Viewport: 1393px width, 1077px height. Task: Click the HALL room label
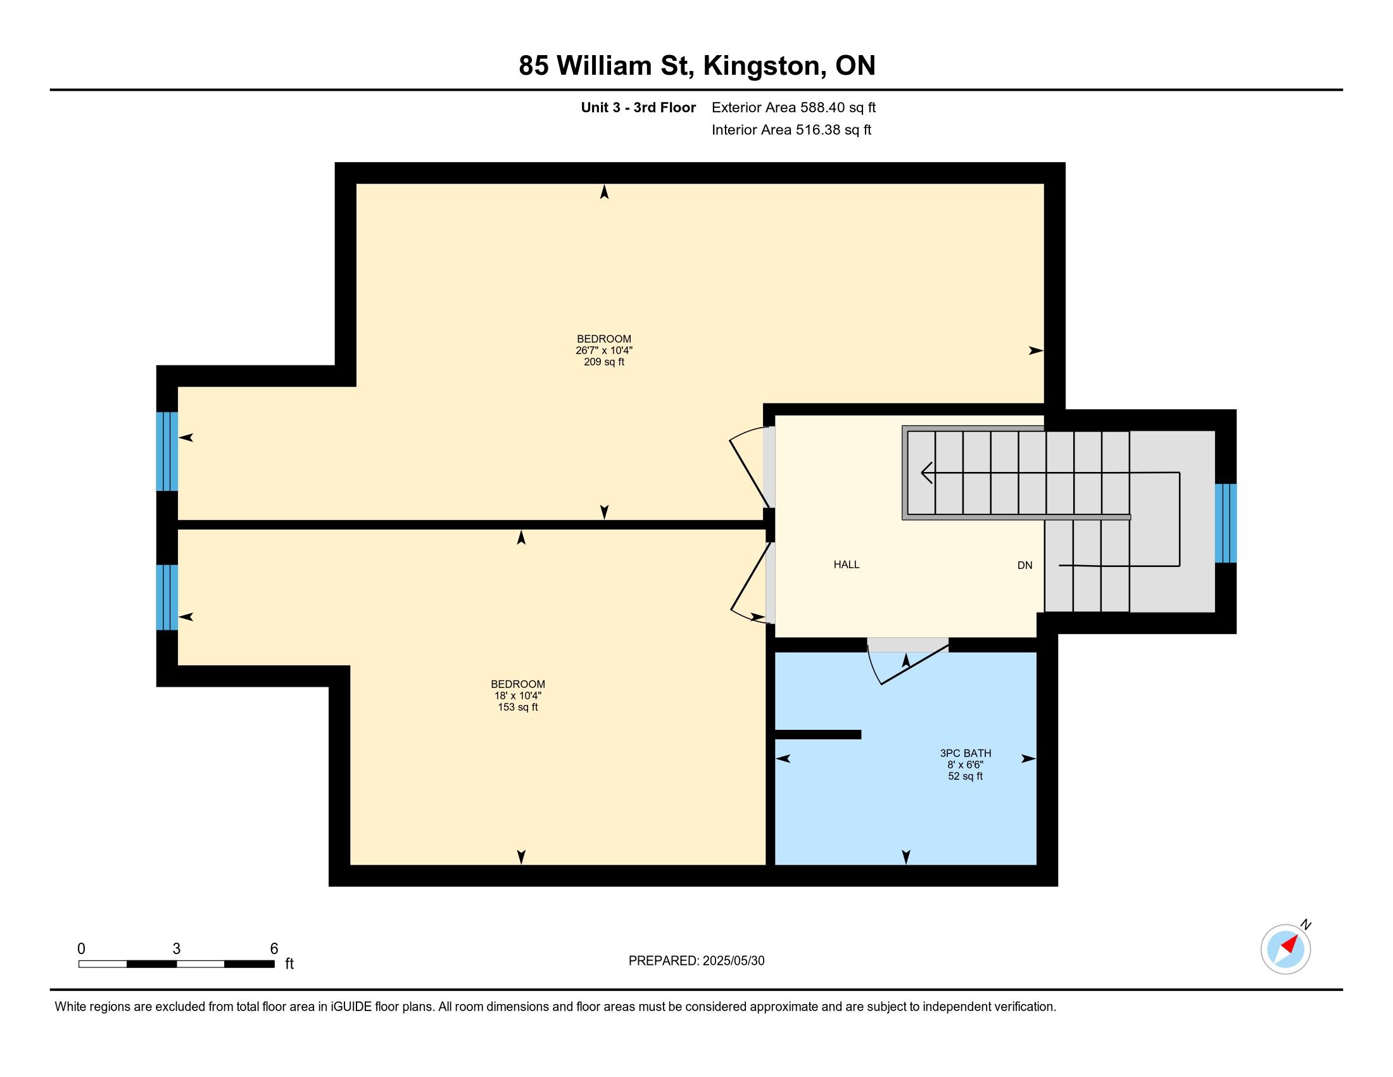[847, 564]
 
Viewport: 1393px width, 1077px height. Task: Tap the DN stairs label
[1024, 565]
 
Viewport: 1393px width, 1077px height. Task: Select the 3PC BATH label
[965, 753]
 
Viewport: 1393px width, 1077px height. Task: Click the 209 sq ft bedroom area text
[604, 362]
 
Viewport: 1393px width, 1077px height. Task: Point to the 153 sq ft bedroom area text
[518, 707]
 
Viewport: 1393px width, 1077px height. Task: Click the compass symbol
[1286, 949]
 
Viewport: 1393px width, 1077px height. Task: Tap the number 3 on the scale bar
[176, 949]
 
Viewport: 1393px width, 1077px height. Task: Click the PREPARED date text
[696, 961]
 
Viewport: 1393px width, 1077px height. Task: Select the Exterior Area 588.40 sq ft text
[794, 107]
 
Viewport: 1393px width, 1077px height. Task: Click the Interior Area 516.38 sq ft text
[791, 130]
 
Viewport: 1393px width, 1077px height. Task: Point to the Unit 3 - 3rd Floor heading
[638, 107]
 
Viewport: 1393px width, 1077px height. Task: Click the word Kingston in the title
[762, 66]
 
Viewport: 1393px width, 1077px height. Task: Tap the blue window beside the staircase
[1226, 523]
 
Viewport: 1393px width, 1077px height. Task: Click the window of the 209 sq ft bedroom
[167, 451]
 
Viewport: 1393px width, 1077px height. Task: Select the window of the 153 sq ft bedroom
[167, 597]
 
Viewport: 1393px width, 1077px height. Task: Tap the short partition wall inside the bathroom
[817, 734]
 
